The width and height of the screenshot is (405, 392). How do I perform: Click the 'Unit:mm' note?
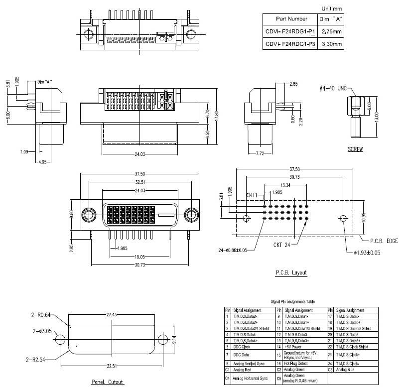[x=331, y=8]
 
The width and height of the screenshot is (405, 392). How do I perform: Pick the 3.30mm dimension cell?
[x=331, y=44]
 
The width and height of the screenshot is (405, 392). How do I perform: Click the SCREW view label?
[x=355, y=149]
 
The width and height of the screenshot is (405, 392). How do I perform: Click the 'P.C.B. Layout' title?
[x=291, y=272]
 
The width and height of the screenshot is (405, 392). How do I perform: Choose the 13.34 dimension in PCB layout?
[x=285, y=185]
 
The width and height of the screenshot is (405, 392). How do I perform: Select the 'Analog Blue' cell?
[x=346, y=370]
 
